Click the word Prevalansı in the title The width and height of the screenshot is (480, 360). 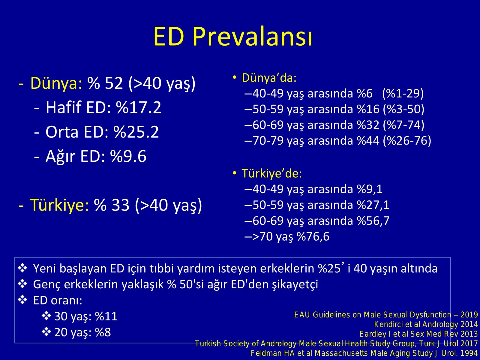(252, 37)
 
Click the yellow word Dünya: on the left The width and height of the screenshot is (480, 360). (56, 83)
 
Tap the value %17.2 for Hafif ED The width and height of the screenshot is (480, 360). (139, 107)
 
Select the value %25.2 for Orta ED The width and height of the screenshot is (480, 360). (136, 132)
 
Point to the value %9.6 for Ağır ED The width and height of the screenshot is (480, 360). (128, 156)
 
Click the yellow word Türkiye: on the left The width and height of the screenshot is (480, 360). (59, 205)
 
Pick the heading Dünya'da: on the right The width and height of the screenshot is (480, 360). (269, 78)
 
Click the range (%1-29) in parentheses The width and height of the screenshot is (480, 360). (403, 94)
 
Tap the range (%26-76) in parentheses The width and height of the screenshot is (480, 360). (407, 140)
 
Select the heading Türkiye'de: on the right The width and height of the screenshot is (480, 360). (272, 174)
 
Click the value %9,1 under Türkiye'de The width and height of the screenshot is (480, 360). (370, 189)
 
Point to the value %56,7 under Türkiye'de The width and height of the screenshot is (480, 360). (373, 220)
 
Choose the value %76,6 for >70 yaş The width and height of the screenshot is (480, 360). (313, 236)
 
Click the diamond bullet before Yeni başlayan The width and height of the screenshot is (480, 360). (22, 268)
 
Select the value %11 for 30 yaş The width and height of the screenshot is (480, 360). (106, 316)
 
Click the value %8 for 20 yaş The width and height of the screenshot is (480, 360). (103, 332)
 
